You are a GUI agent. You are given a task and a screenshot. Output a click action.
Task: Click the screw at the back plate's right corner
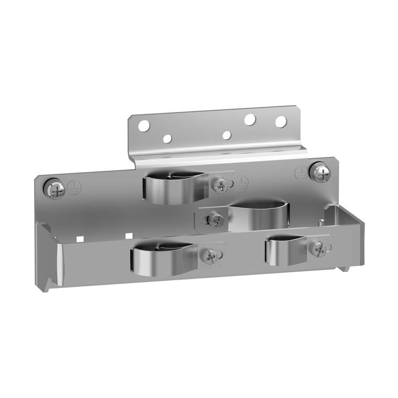(319, 172)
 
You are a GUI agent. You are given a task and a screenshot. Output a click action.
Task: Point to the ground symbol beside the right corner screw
(301, 173)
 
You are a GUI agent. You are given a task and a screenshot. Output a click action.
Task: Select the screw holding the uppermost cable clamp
(221, 184)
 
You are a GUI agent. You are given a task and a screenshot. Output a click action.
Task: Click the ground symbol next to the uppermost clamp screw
(242, 182)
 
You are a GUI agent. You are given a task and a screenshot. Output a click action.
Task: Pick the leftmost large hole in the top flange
(143, 126)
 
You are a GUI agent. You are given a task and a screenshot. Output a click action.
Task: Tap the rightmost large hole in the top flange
(281, 121)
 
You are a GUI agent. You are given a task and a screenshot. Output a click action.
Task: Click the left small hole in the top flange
(167, 139)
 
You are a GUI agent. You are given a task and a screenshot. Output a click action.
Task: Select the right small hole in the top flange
(227, 136)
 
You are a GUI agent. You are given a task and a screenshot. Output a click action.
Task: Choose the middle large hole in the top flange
(250, 120)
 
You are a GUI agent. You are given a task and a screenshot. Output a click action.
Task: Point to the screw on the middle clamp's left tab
(215, 219)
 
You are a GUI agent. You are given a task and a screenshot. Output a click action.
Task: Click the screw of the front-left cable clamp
(208, 256)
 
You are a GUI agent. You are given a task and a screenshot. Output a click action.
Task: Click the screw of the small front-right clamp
(317, 249)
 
